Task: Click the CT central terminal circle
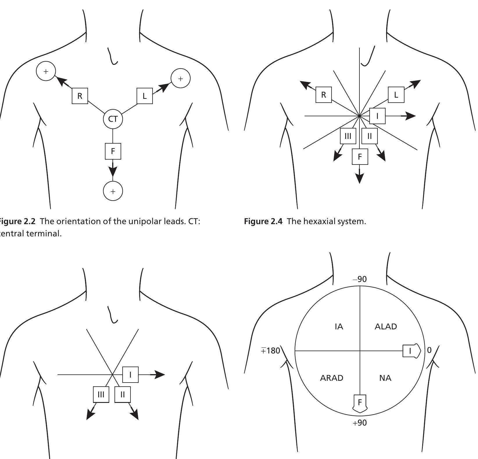(x=113, y=119)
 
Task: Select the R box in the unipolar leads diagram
(x=80, y=96)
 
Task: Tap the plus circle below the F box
(x=113, y=191)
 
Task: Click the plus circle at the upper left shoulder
(x=46, y=71)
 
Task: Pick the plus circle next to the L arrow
(x=180, y=78)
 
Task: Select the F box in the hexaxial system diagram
(x=360, y=157)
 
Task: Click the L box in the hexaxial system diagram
(x=396, y=95)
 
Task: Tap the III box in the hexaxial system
(x=348, y=136)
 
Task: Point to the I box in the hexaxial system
(x=377, y=116)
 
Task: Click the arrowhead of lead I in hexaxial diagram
(x=410, y=116)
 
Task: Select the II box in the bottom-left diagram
(x=123, y=394)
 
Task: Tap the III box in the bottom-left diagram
(x=101, y=394)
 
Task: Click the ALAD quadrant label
(x=386, y=326)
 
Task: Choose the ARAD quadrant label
(x=332, y=378)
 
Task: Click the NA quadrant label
(x=385, y=378)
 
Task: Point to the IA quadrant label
(x=339, y=327)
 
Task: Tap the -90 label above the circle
(x=360, y=279)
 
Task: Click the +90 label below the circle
(x=360, y=423)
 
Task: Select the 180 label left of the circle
(x=271, y=351)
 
